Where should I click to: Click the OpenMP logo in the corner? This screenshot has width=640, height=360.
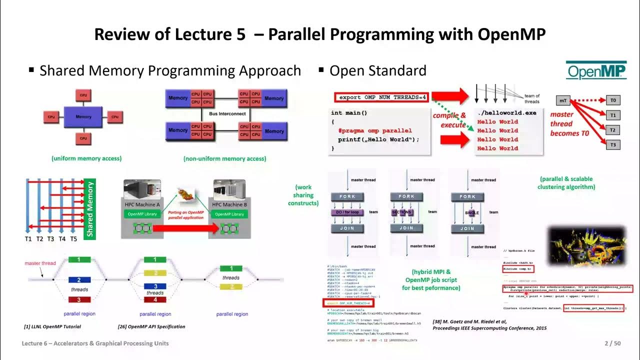click(x=596, y=70)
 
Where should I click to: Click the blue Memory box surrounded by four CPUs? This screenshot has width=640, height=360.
click(x=83, y=116)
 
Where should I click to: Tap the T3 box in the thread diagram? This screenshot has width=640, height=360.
click(x=613, y=145)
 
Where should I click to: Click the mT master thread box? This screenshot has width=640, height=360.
click(x=563, y=100)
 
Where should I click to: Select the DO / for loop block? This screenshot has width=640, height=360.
click(x=346, y=212)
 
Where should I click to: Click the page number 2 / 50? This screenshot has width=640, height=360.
click(x=612, y=343)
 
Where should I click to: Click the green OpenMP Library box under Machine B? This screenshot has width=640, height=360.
click(x=230, y=214)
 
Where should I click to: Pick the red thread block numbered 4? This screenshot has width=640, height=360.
click(x=155, y=299)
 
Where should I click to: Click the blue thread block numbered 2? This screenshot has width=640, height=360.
click(x=79, y=280)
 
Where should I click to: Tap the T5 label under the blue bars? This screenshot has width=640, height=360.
click(x=73, y=239)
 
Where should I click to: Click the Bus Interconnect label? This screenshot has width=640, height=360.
click(x=227, y=114)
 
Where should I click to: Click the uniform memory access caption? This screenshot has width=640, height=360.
click(x=86, y=158)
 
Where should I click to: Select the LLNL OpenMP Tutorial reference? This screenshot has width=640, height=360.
click(x=52, y=326)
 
